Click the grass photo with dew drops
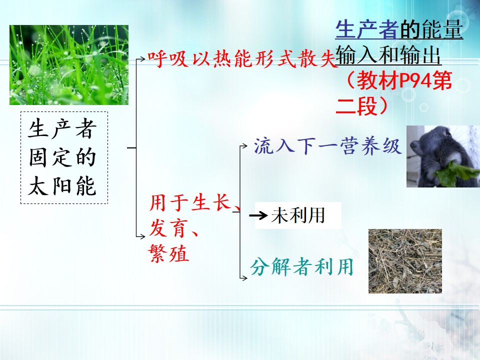[69, 65]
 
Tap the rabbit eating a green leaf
[443, 156]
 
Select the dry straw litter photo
[405, 261]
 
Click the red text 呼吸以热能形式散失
[242, 58]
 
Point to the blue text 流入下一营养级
[327, 145]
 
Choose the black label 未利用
[298, 215]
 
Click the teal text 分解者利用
[302, 267]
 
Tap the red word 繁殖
[168, 253]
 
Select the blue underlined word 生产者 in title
[367, 29]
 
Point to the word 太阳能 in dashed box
[62, 186]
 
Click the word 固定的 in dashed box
[62, 157]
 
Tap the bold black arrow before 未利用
[258, 215]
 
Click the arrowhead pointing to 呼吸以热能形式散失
[143, 58]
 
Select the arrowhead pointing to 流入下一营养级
[244, 146]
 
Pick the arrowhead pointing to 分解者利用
[244, 278]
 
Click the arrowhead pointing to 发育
[142, 236]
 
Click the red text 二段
[356, 106]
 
